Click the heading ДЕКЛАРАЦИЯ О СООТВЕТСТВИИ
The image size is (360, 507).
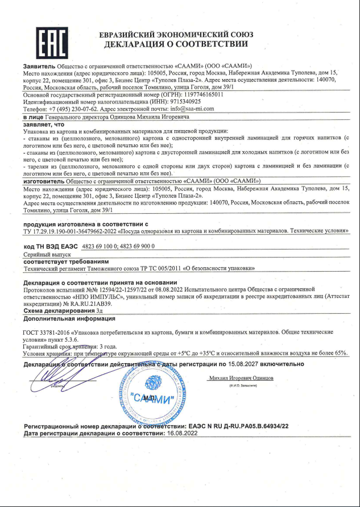click(x=176, y=44)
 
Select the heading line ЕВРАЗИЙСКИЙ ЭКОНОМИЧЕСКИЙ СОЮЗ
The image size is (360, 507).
click(x=176, y=34)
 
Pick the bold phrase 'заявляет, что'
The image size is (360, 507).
click(x=44, y=123)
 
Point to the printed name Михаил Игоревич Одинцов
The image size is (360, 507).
click(x=242, y=377)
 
